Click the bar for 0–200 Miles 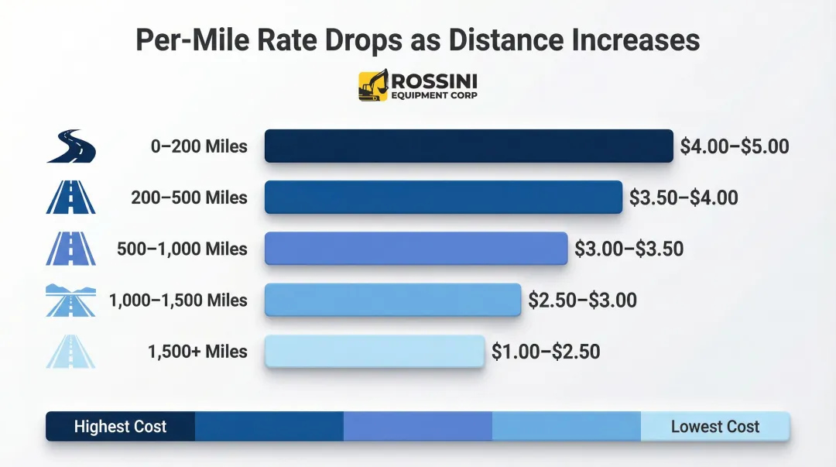click(468, 146)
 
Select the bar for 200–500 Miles click(443, 197)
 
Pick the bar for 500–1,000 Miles click(416, 249)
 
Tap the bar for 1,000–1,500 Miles click(392, 300)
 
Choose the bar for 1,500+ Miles click(375, 352)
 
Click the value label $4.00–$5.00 click(735, 146)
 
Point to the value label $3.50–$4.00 click(684, 197)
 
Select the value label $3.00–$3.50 click(629, 249)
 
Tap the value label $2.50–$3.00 click(582, 300)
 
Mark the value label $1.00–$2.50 click(546, 352)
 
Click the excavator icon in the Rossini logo click(373, 86)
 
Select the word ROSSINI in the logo click(434, 81)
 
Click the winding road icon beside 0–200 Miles click(70, 146)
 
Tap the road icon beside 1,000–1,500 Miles click(70, 300)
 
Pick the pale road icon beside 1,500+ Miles click(70, 352)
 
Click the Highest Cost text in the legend click(120, 427)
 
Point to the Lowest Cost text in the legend click(714, 427)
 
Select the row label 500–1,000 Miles click(182, 249)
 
